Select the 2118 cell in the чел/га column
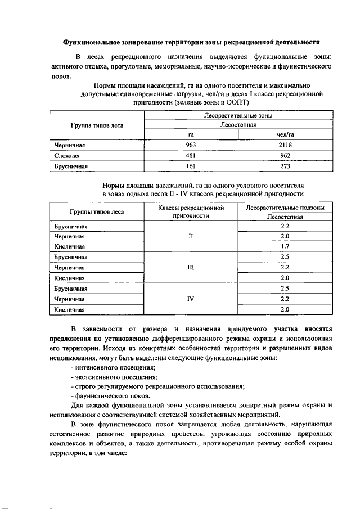pos(285,145)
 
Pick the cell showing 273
pos(285,166)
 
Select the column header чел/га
pos(285,135)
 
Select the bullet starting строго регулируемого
pos(157,386)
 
